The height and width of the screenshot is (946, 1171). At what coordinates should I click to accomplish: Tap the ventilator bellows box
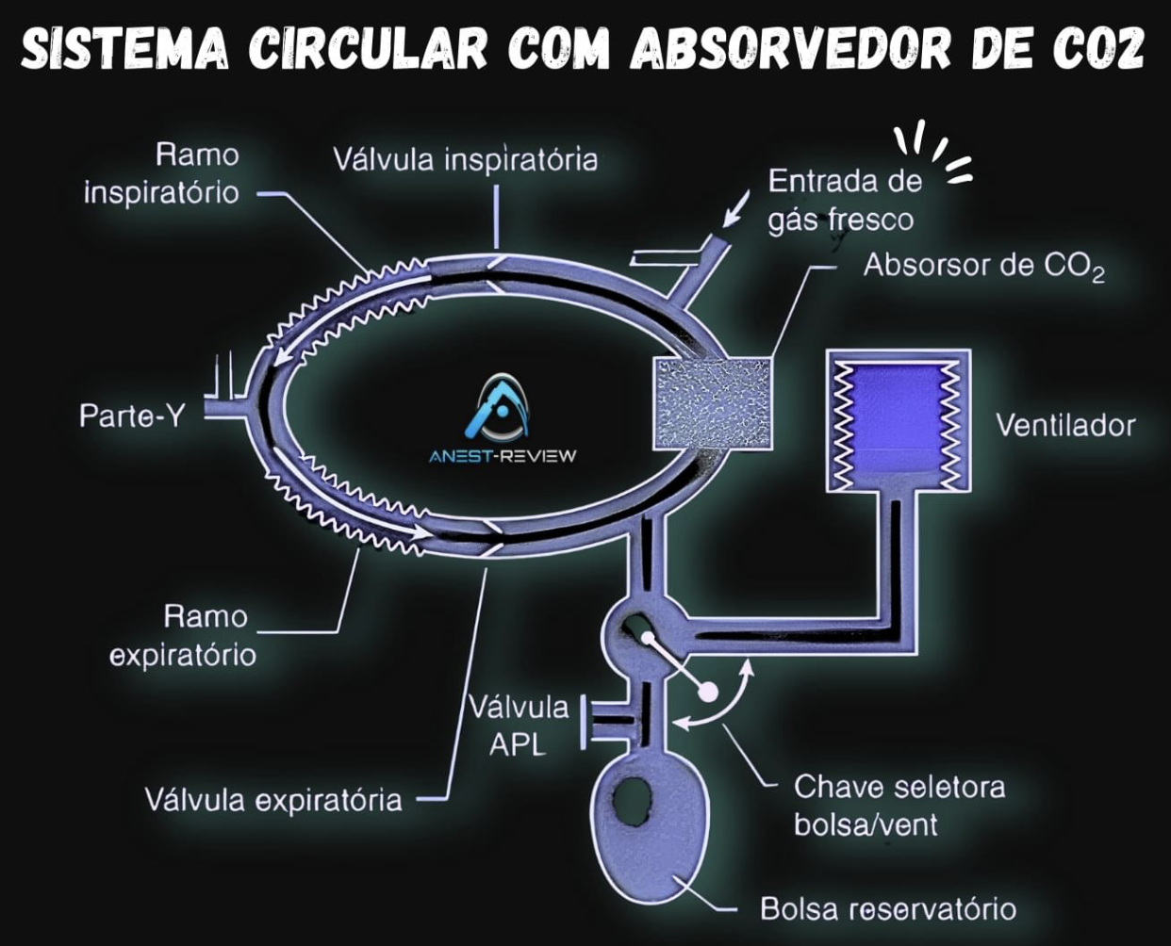(897, 419)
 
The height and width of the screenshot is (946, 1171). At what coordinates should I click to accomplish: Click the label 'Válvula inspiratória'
(465, 159)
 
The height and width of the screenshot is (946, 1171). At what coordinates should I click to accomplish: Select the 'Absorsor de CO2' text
(983, 267)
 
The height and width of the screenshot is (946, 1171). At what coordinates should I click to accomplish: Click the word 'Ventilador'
(1065, 425)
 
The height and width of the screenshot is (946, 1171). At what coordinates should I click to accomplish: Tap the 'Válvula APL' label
(519, 726)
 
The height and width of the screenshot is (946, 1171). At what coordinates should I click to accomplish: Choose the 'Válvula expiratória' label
(273, 801)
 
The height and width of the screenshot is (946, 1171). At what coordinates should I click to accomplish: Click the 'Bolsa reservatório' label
(888, 909)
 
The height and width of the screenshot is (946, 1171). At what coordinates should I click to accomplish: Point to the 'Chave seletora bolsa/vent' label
(898, 806)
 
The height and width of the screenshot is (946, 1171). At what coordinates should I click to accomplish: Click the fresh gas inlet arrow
(736, 209)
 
